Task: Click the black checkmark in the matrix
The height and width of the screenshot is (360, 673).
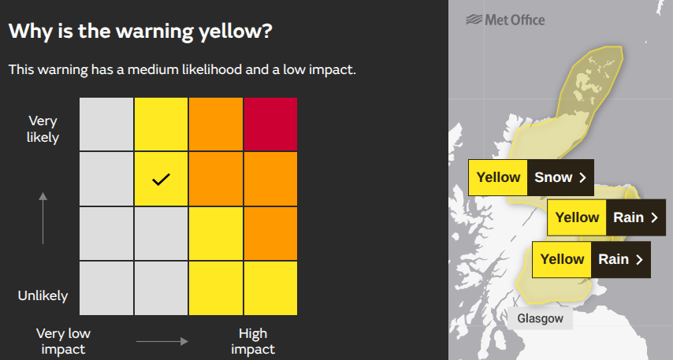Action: (161, 180)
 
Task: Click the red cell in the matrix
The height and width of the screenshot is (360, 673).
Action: (270, 124)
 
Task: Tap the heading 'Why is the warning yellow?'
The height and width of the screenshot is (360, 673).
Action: (140, 32)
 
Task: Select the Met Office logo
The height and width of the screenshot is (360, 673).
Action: (505, 20)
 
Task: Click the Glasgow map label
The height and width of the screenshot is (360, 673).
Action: (541, 318)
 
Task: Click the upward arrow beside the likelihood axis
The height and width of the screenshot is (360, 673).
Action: (43, 217)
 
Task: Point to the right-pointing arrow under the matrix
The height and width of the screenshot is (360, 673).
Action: (162, 341)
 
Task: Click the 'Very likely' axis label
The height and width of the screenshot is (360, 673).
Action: (43, 129)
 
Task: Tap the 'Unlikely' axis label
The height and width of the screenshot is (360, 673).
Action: (43, 296)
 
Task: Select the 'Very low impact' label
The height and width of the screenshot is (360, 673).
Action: (63, 341)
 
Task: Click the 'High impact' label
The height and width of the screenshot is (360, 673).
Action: (253, 341)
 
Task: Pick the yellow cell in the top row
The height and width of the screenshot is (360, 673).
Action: (161, 124)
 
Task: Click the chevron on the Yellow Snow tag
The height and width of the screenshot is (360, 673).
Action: (583, 177)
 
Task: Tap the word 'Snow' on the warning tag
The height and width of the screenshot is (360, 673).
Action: (553, 177)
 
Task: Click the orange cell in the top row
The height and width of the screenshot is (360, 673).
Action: (215, 124)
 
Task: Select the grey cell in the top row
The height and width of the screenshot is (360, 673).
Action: (106, 124)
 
